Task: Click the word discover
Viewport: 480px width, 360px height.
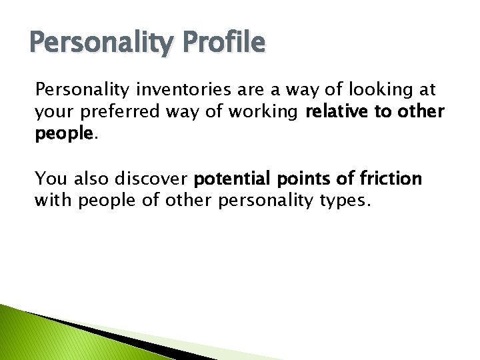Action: click(x=153, y=178)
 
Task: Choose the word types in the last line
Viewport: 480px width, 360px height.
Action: click(x=344, y=200)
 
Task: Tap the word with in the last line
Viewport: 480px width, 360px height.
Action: click(x=54, y=200)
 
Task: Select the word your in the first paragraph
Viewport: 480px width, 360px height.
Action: click(x=54, y=112)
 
